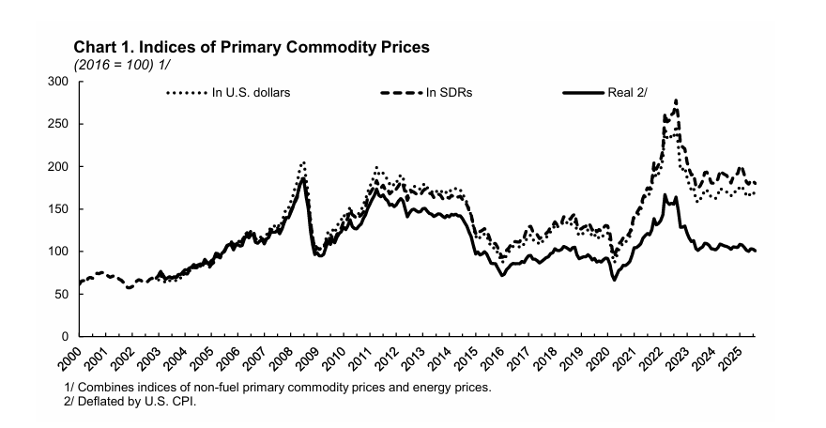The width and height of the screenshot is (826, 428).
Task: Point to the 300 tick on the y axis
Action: pos(62,82)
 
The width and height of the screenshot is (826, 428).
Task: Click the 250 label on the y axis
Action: pos(62,124)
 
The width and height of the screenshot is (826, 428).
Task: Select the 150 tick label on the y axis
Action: pos(62,209)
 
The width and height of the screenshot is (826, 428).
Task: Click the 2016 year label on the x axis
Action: pos(492,358)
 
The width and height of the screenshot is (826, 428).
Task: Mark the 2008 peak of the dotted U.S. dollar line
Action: pos(302,162)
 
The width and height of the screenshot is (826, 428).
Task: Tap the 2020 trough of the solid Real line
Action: pos(614,280)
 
